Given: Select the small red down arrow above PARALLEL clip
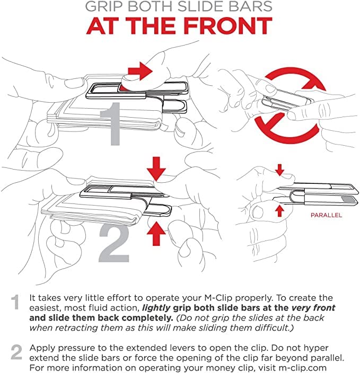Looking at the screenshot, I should point(280,170).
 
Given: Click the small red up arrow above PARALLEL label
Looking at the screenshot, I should point(280,210).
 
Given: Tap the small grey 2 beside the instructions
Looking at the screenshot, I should point(16,351).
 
